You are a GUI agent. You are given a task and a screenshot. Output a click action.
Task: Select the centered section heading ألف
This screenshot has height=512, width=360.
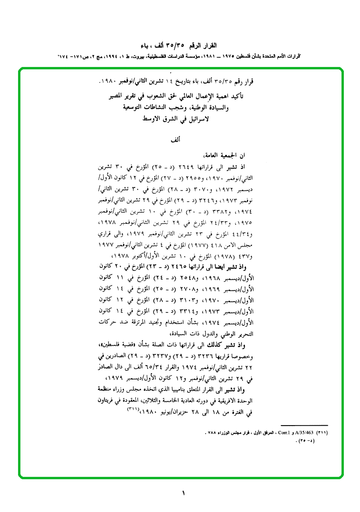coord(176,141)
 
